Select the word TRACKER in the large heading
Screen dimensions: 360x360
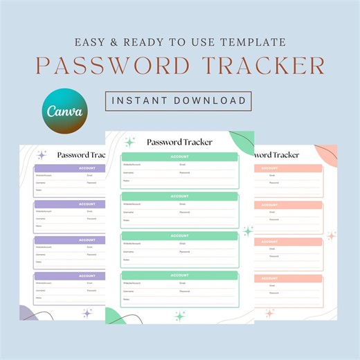[x=271, y=65]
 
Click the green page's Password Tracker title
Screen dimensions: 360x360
[x=179, y=143]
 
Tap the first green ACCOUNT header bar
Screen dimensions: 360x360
[x=179, y=157]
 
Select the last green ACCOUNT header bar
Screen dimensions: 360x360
[x=179, y=275]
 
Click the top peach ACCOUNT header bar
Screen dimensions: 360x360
[x=288, y=168]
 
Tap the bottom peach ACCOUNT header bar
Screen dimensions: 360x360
[x=288, y=278]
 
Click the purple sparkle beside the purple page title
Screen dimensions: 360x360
[x=42, y=155]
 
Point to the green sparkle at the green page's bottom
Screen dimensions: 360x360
[x=179, y=316]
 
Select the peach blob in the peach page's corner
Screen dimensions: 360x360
[x=327, y=154]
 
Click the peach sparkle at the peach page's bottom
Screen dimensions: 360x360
[x=269, y=313]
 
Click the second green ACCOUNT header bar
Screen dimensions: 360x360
[x=179, y=197]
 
